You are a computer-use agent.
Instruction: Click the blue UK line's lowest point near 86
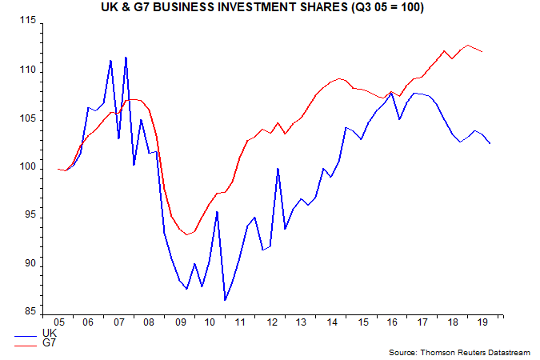pos(226,300)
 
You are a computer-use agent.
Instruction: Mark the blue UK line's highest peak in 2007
pos(126,57)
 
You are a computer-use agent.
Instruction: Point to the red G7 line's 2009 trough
pos(186,234)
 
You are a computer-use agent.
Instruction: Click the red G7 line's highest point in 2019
pos(468,46)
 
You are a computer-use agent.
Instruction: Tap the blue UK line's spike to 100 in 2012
pos(277,168)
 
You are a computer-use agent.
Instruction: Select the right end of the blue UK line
pos(490,143)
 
